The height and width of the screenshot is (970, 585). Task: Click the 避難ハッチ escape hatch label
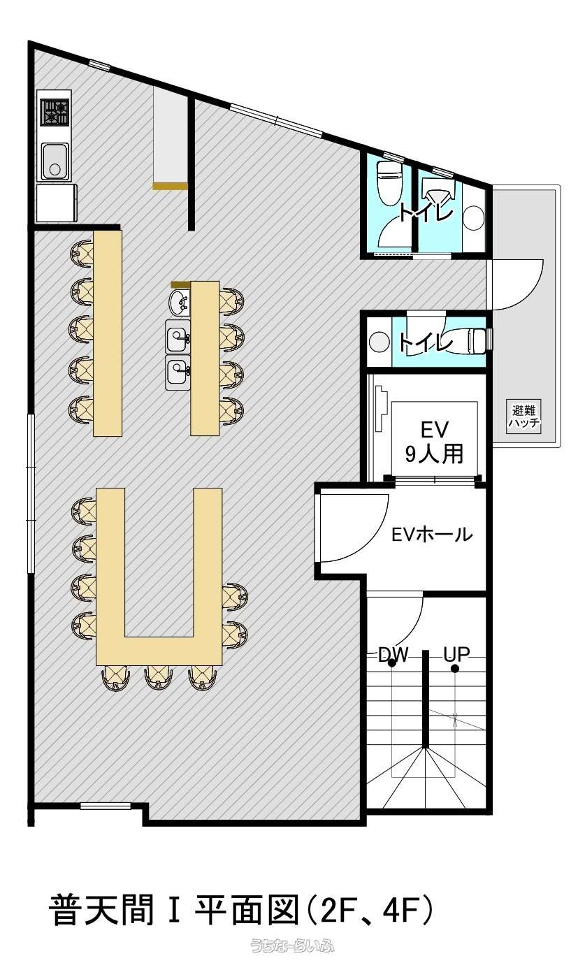(x=524, y=416)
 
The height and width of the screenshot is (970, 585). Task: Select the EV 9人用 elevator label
(x=434, y=442)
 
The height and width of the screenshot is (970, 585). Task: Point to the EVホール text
(x=432, y=535)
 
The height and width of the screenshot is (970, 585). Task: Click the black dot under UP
(x=455, y=669)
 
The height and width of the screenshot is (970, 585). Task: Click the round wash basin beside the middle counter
(x=179, y=302)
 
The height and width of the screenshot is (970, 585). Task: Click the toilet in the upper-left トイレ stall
(x=389, y=182)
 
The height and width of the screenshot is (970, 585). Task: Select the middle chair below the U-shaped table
(x=159, y=677)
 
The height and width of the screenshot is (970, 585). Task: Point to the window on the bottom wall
(x=106, y=806)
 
